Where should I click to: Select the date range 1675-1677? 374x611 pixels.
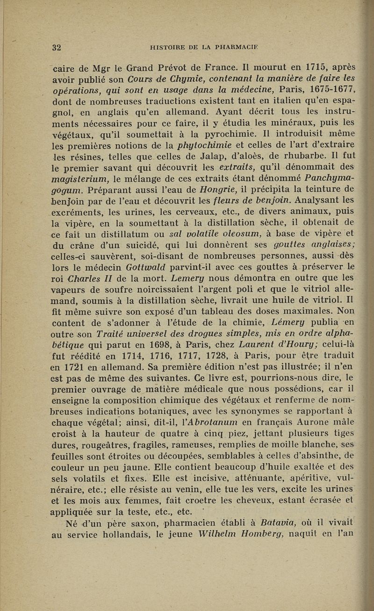(x=328, y=89)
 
